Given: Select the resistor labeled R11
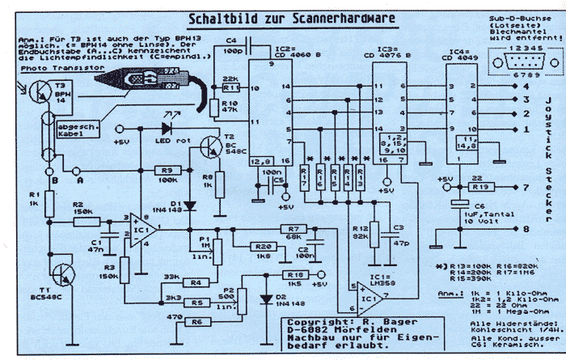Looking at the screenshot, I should pyautogui.click(x=231, y=85).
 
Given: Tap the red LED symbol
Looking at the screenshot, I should pyautogui.click(x=168, y=127).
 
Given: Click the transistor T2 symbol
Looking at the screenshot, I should pyautogui.click(x=211, y=148).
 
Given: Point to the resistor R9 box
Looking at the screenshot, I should pyautogui.click(x=169, y=171).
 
